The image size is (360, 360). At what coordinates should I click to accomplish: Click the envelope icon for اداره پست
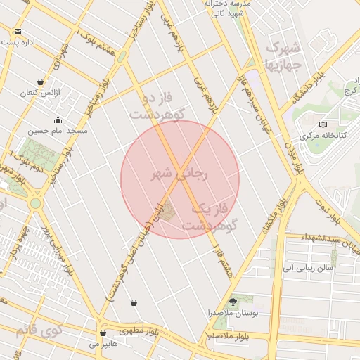(x=18, y=31)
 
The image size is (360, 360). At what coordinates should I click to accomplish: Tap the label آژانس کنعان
(x=37, y=93)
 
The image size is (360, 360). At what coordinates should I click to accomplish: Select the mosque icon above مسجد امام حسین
(x=57, y=120)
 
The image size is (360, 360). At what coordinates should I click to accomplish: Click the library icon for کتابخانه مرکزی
(x=323, y=124)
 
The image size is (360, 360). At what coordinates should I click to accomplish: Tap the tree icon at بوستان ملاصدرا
(x=233, y=300)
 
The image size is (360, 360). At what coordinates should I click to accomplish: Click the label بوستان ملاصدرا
(x=233, y=311)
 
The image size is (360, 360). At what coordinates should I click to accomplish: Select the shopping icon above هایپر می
(x=103, y=333)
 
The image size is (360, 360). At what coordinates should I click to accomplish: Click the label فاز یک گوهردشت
(x=212, y=217)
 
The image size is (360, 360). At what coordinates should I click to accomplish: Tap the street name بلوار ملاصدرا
(x=234, y=335)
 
